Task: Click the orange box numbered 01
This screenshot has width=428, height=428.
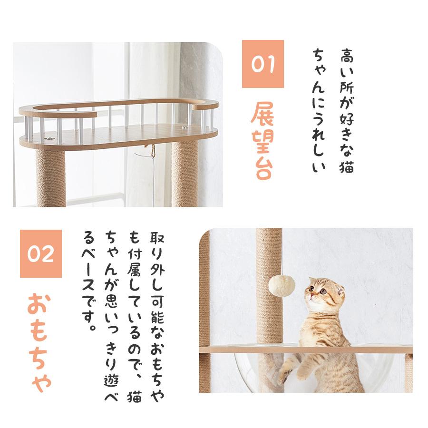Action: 263,64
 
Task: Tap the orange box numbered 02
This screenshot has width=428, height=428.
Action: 40,254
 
